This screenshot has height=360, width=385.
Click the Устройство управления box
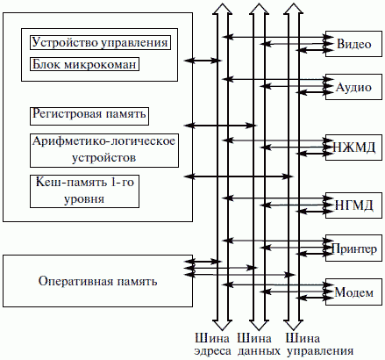(x=100, y=42)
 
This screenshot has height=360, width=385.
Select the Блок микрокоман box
(x=84, y=64)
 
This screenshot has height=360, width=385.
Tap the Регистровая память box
(x=89, y=116)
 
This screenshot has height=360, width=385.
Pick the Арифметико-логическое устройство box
(x=104, y=150)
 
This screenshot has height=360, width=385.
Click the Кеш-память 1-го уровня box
(x=84, y=191)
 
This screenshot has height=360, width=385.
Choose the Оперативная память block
(x=97, y=281)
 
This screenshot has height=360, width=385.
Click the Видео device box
(x=353, y=44)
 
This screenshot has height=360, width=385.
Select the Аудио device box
(x=353, y=87)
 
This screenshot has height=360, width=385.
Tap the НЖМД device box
(x=353, y=148)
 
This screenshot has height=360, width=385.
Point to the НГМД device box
(x=353, y=205)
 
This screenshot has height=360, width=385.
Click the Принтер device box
(x=353, y=248)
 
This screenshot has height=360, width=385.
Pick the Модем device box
(x=353, y=292)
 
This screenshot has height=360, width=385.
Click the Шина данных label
(x=259, y=345)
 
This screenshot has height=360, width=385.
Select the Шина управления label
(x=319, y=345)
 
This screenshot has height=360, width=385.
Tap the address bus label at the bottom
(x=212, y=345)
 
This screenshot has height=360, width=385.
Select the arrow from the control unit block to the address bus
(x=203, y=61)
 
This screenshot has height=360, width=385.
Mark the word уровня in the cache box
(x=84, y=199)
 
